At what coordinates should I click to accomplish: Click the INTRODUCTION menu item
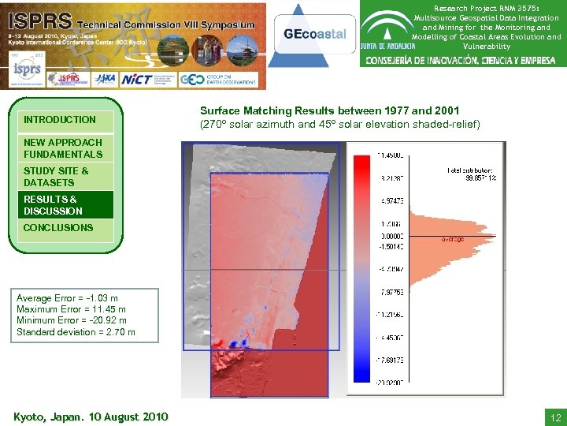[x=60, y=120]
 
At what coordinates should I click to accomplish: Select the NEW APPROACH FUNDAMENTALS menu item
[x=63, y=148]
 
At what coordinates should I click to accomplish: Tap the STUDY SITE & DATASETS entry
[x=56, y=177]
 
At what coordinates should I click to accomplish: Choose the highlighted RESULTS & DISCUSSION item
[x=53, y=205]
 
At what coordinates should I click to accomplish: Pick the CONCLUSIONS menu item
[x=58, y=228]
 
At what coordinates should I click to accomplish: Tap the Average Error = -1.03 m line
[x=68, y=298]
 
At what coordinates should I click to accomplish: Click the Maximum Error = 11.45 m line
[x=71, y=309]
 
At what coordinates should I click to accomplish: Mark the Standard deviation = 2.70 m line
[x=76, y=332]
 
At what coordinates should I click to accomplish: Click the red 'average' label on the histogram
[x=452, y=239]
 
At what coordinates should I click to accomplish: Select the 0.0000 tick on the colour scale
[x=394, y=235]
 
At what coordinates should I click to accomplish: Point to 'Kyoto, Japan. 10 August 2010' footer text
[x=91, y=416]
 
